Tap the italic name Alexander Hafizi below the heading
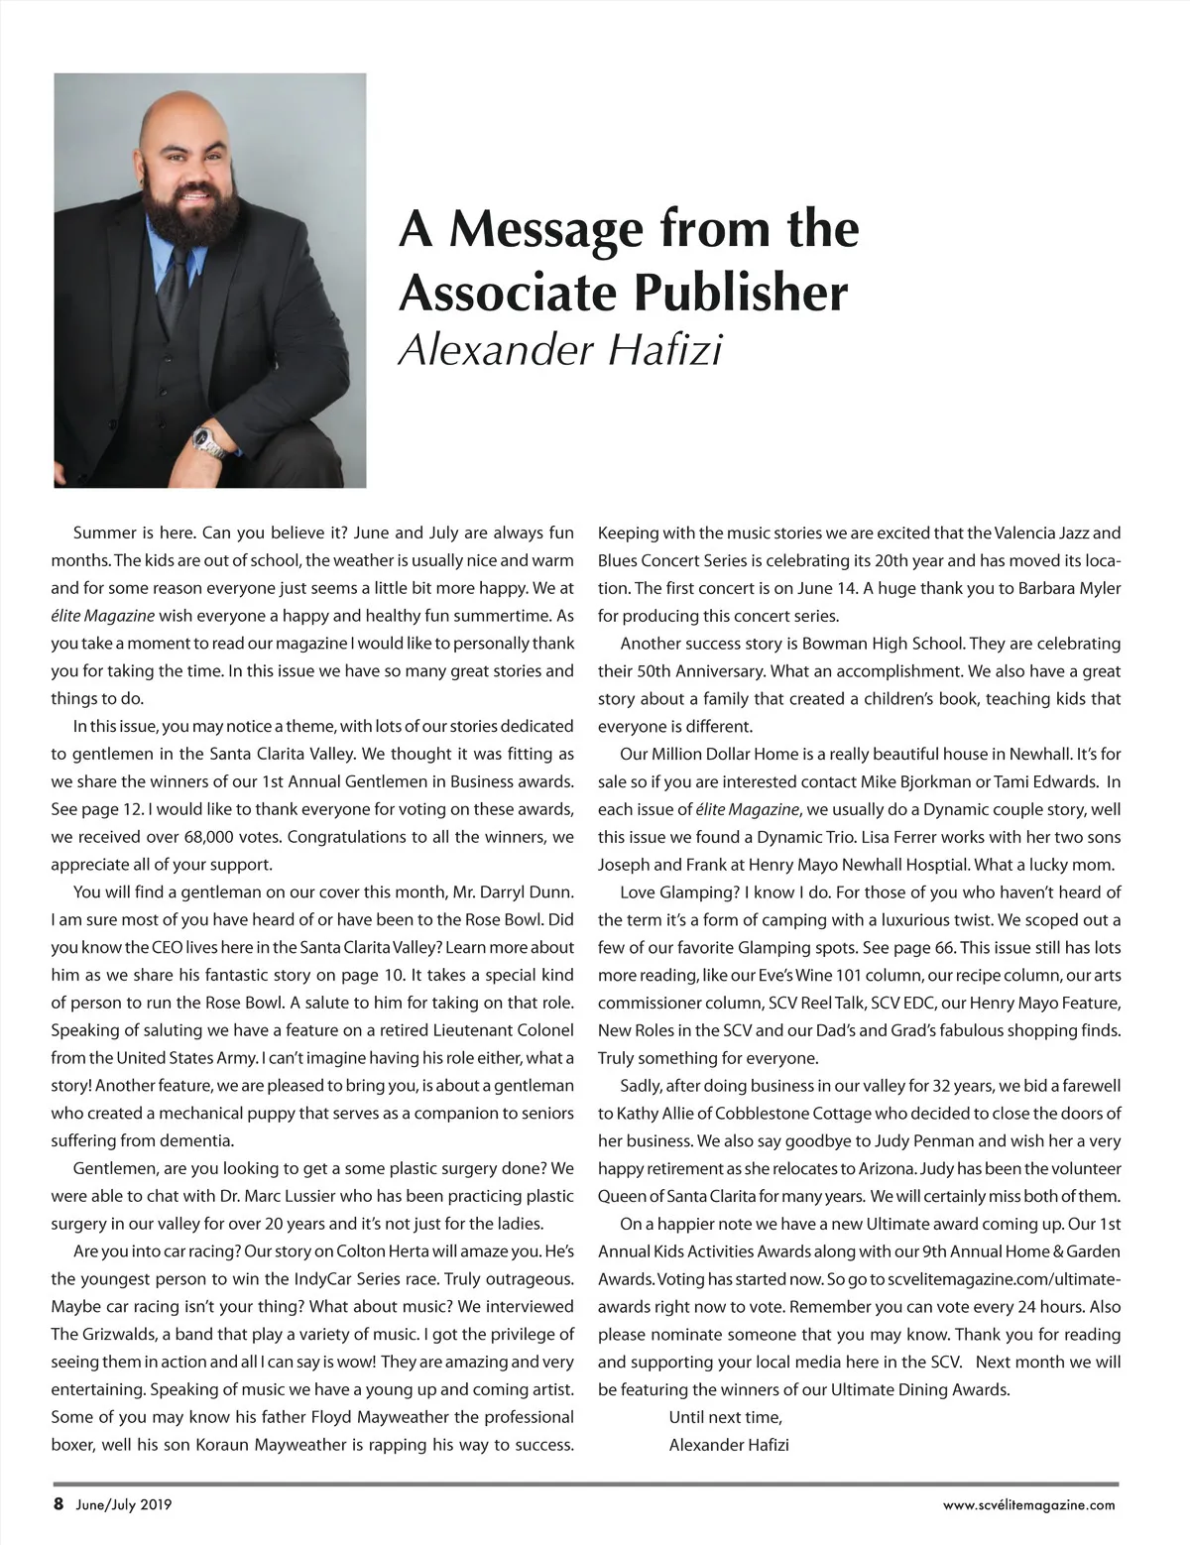(560, 350)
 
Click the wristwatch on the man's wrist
(209, 439)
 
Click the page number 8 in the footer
(59, 1503)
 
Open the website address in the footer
(1029, 1504)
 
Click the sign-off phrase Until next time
(726, 1417)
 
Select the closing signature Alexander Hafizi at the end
(729, 1445)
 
